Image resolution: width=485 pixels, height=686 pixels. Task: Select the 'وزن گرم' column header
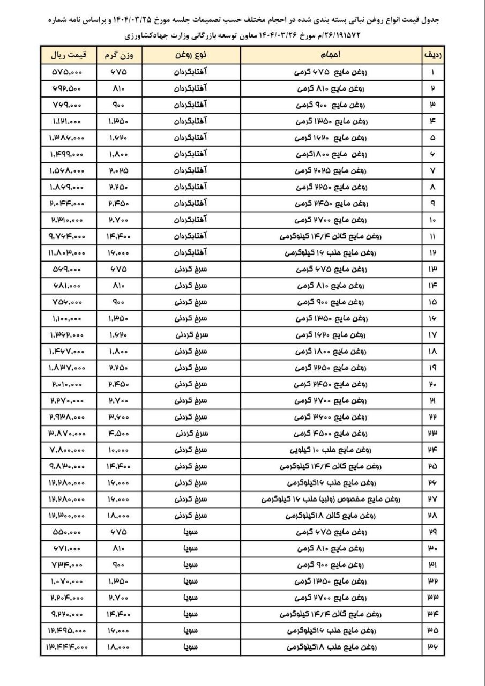coord(120,55)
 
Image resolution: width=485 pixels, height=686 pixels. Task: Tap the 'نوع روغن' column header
coord(191,55)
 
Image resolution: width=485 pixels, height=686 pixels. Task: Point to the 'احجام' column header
coord(331,55)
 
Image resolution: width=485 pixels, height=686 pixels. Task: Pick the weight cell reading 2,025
coord(120,170)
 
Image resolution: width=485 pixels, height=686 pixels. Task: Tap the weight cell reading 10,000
coord(120,450)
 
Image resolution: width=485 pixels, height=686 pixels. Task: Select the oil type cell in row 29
coord(191,532)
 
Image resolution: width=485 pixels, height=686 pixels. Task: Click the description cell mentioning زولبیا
coord(331,499)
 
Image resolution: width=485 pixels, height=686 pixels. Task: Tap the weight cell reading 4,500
coord(120,433)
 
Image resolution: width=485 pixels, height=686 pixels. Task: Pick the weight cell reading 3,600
coord(120,417)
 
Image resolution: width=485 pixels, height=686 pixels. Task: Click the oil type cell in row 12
coord(191,252)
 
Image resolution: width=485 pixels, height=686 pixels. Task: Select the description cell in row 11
coord(331,236)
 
